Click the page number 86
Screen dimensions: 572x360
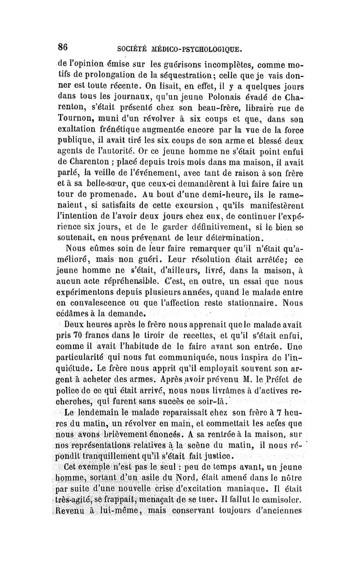(x=63, y=46)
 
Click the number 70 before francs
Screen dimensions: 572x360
(x=90, y=333)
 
